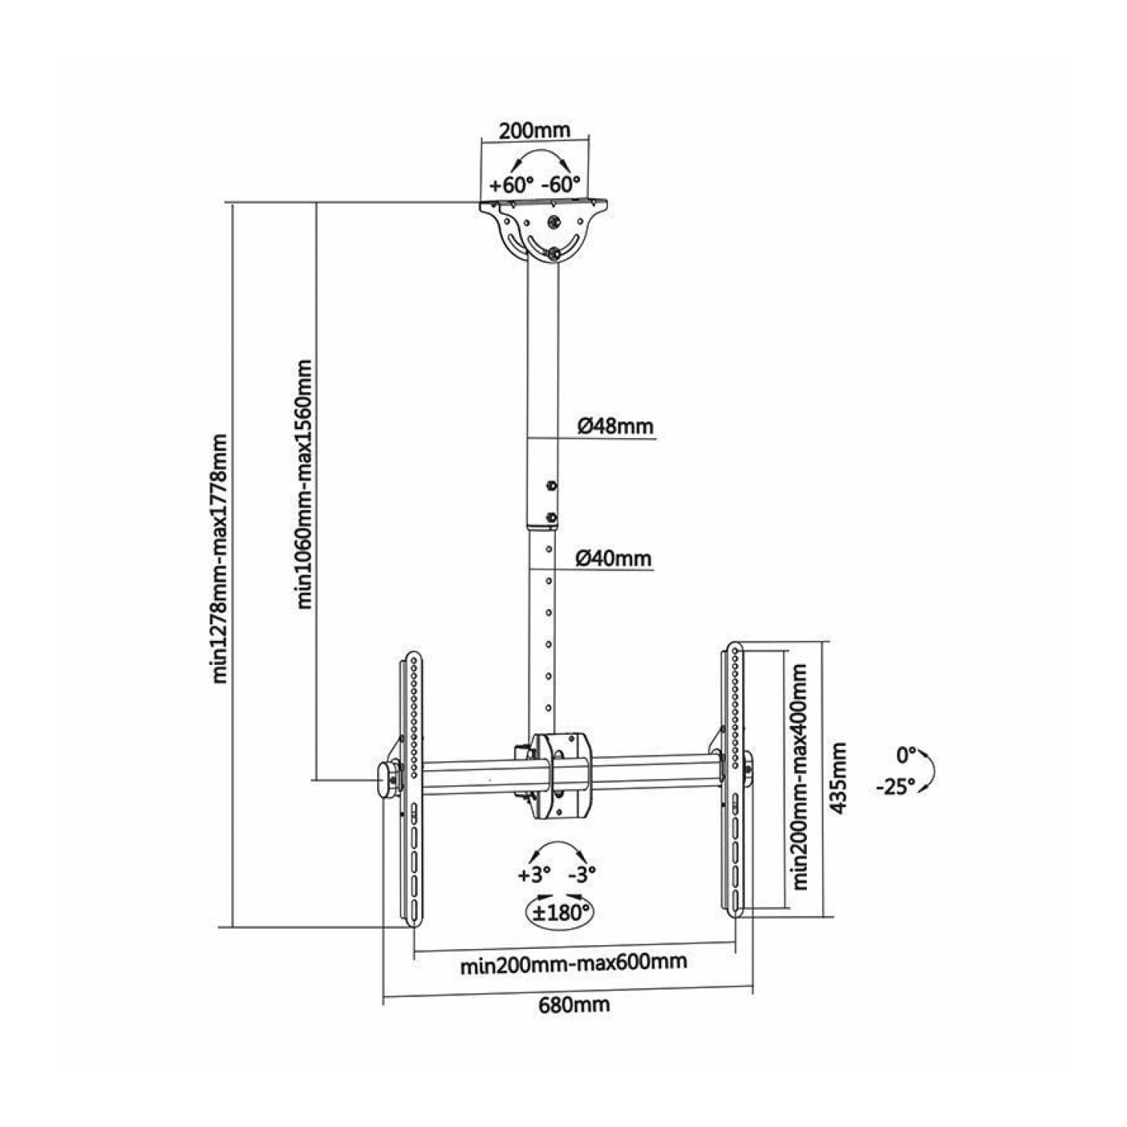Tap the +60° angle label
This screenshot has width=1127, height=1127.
tap(511, 184)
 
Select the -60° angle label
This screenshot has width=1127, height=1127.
tap(561, 184)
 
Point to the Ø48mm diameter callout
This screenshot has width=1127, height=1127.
tap(615, 427)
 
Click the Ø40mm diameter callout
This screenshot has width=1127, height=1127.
tap(614, 559)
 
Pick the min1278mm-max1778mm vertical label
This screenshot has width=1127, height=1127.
tap(220, 558)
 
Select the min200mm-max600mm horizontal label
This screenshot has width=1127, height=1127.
tap(573, 962)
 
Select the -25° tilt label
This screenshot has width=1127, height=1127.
tap(895, 787)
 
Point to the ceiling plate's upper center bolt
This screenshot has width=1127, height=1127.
tap(554, 223)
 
